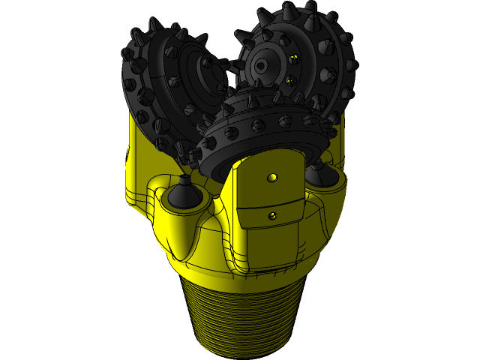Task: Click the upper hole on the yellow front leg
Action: (272, 178)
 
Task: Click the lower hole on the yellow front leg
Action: (272, 215)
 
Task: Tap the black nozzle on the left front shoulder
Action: (184, 194)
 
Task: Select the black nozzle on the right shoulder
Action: (319, 174)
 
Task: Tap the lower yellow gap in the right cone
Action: (290, 80)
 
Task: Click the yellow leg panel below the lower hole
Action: (272, 240)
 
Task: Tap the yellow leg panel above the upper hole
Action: (272, 161)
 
